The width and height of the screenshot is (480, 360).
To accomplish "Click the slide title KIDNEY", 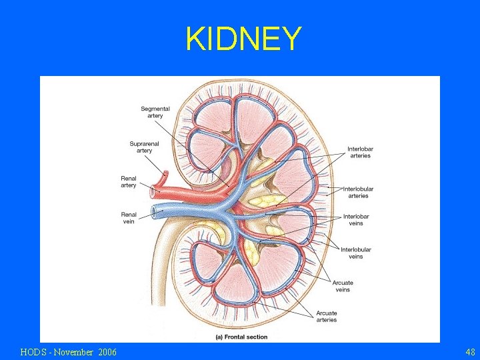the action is point(243,39).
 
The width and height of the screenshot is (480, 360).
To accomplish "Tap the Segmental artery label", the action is point(155,112).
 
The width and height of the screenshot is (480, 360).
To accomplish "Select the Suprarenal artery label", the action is point(141,147).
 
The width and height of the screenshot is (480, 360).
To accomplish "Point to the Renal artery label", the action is point(129,181).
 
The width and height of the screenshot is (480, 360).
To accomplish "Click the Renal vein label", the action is point(129,218).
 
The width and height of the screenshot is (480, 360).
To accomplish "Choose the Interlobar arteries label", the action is point(359,152).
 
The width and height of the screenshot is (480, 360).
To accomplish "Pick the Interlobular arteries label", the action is point(358,193).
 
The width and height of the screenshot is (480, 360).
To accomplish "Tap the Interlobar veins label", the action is point(356,220).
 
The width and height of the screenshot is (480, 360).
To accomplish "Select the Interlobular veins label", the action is point(356,253).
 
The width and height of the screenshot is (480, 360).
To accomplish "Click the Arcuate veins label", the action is point(343,286).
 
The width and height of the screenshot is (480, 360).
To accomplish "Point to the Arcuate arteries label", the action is point(327,316).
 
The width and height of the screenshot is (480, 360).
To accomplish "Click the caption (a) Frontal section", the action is point(241,337).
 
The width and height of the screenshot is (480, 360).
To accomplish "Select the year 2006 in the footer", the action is point(107,351).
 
